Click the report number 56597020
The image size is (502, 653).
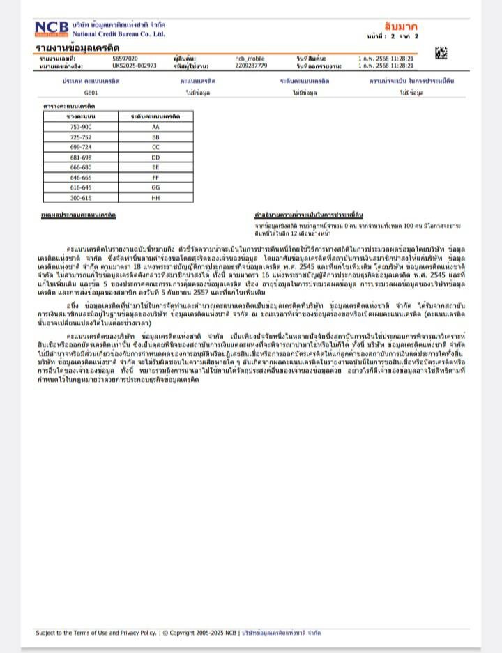125,59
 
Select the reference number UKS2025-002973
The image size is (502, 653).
134,66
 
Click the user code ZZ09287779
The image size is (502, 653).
251,66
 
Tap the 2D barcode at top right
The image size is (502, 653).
441,53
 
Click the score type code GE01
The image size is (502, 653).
91,92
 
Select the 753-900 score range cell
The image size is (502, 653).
81,127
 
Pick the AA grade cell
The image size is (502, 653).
155,127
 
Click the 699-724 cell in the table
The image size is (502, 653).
81,148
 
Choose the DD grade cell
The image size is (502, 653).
155,158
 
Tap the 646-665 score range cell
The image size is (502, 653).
81,178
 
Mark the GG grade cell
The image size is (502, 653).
155,187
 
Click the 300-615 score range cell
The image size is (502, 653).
81,198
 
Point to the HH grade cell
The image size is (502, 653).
155,198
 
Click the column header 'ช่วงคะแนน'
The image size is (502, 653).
81,116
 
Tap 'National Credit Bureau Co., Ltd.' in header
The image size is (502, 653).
119,33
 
